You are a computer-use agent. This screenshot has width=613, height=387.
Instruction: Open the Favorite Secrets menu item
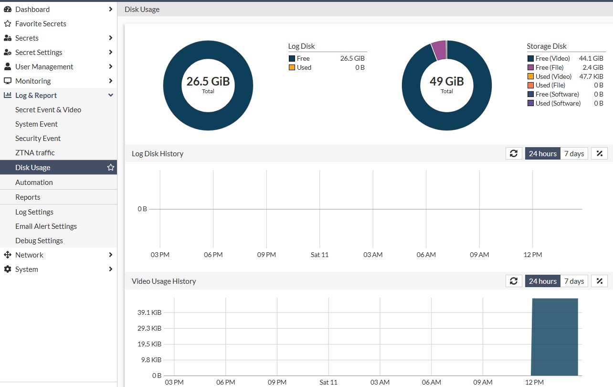click(x=41, y=24)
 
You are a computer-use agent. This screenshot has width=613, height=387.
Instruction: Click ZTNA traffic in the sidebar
click(x=35, y=153)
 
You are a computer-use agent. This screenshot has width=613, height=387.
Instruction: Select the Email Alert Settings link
click(x=46, y=226)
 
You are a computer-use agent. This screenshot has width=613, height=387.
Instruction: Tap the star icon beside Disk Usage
click(x=111, y=167)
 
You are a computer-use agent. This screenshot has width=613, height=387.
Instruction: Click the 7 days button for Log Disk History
click(x=574, y=154)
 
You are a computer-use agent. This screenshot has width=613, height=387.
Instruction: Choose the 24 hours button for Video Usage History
click(x=543, y=281)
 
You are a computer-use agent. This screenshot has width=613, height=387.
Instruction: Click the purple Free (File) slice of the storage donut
click(x=439, y=50)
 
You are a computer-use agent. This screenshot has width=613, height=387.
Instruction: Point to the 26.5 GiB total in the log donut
click(x=208, y=81)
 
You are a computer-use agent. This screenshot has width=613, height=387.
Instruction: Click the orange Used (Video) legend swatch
click(x=530, y=76)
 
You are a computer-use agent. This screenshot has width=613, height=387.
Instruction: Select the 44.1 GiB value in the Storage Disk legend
click(x=591, y=58)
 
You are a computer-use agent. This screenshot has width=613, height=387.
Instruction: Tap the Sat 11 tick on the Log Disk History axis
click(x=319, y=255)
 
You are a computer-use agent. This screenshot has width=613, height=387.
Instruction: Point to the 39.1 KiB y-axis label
click(x=149, y=312)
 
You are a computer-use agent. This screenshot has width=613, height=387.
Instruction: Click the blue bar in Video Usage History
click(x=555, y=337)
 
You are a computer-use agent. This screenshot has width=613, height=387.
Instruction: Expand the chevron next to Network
click(x=111, y=255)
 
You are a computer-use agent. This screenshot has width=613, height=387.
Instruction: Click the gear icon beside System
click(x=8, y=269)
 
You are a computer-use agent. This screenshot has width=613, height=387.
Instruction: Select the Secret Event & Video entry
click(x=48, y=110)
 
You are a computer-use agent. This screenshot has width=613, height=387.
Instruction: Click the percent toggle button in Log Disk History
click(x=599, y=154)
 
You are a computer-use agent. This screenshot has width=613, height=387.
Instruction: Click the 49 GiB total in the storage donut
click(x=446, y=81)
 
